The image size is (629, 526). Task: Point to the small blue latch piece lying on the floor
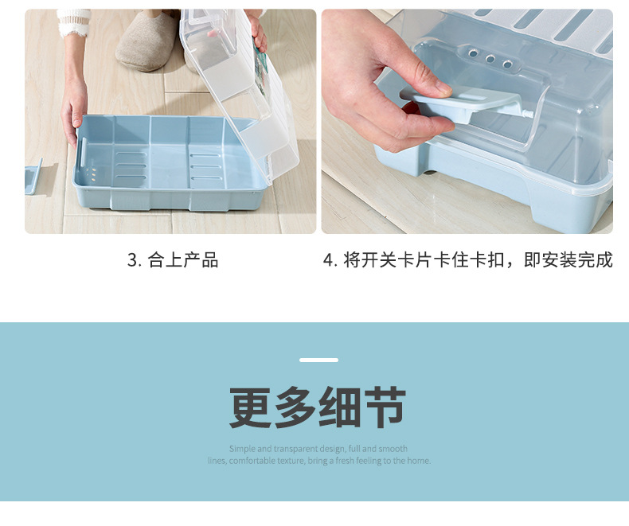coord(33,177)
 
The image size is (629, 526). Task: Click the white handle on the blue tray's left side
coord(82,150)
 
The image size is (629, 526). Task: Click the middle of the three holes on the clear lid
coord(489,59)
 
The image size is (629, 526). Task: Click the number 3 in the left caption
coord(132,260)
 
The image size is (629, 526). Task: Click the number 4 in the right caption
coord(328,260)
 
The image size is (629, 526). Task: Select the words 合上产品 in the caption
coord(183,260)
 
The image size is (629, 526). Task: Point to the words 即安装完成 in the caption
coord(568,260)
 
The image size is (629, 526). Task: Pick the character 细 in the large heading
coord(341,407)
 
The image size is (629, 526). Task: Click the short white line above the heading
coord(318,360)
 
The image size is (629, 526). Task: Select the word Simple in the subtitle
coord(242,449)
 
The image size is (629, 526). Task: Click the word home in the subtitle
coord(418,461)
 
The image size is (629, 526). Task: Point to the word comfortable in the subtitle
coord(252,461)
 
